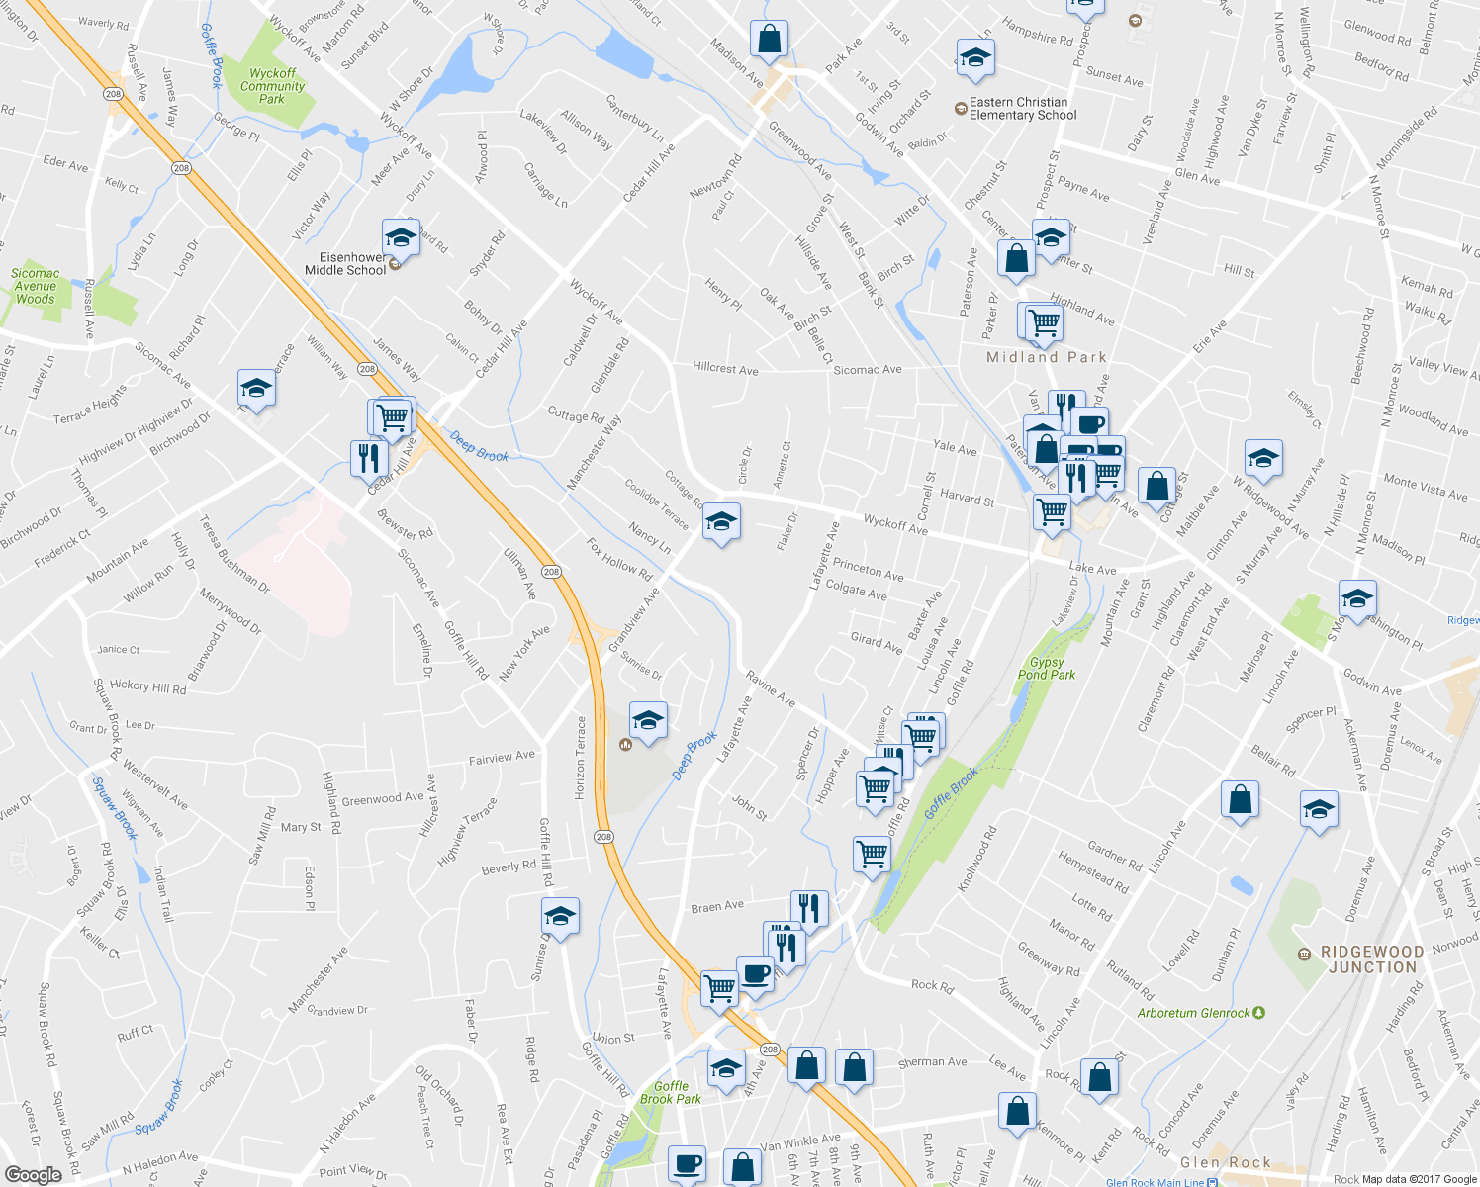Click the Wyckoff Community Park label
click(x=272, y=86)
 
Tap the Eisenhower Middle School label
click(x=345, y=263)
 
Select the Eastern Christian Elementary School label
click(x=1023, y=109)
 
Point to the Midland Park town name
click(x=1047, y=357)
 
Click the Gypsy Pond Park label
click(x=1047, y=669)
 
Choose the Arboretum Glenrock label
click(x=1194, y=1013)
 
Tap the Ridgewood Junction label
click(x=1372, y=959)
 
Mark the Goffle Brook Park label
click(x=671, y=1092)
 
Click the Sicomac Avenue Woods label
click(x=36, y=286)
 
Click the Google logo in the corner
click(x=33, y=1175)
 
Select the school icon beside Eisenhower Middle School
click(x=401, y=237)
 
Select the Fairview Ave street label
click(x=502, y=758)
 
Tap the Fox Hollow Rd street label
click(x=619, y=560)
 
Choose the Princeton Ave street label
click(x=868, y=569)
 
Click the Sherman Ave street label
click(x=933, y=1062)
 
